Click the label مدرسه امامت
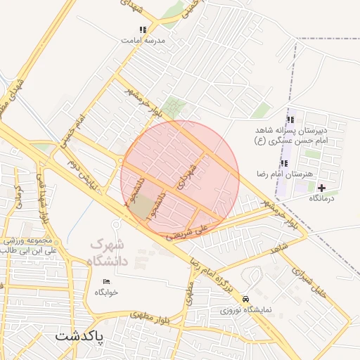click(143, 41)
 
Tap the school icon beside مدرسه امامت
click(143, 30)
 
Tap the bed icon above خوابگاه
click(106, 281)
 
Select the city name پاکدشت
click(79, 336)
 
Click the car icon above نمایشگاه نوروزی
click(245, 297)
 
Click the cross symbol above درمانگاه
click(321, 188)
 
